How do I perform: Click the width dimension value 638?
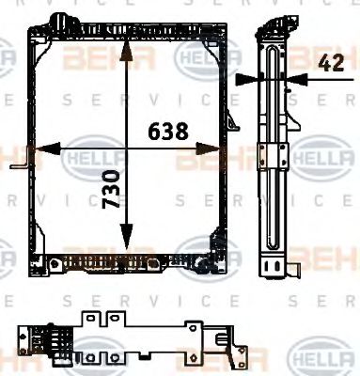(x=167, y=132)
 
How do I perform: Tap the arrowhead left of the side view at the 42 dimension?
(x=245, y=79)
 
